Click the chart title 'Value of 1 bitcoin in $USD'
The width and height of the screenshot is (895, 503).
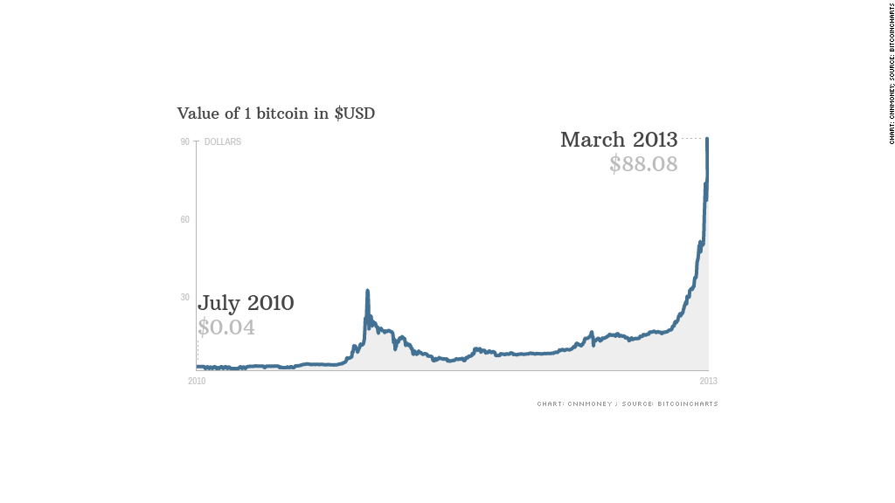point(275,114)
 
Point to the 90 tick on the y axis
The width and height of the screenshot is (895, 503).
point(185,141)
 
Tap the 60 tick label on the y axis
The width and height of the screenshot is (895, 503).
point(185,219)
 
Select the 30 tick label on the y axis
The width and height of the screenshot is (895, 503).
point(185,297)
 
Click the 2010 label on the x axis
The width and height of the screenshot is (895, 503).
point(197,381)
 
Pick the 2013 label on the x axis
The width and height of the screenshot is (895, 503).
point(708,381)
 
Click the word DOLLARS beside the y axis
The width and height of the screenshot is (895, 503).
point(223,141)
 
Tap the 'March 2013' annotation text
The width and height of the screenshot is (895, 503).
point(619,140)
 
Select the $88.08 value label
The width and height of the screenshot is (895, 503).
point(643,164)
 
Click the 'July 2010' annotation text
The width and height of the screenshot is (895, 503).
point(246,304)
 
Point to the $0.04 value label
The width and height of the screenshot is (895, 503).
point(226,327)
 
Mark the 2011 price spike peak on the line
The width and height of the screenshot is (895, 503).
point(367,291)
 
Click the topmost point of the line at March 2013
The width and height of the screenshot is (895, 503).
point(707,139)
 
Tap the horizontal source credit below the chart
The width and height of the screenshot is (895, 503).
point(628,403)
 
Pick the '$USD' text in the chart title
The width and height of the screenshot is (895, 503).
point(355,114)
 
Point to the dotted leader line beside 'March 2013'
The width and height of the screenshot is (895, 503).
point(692,138)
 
